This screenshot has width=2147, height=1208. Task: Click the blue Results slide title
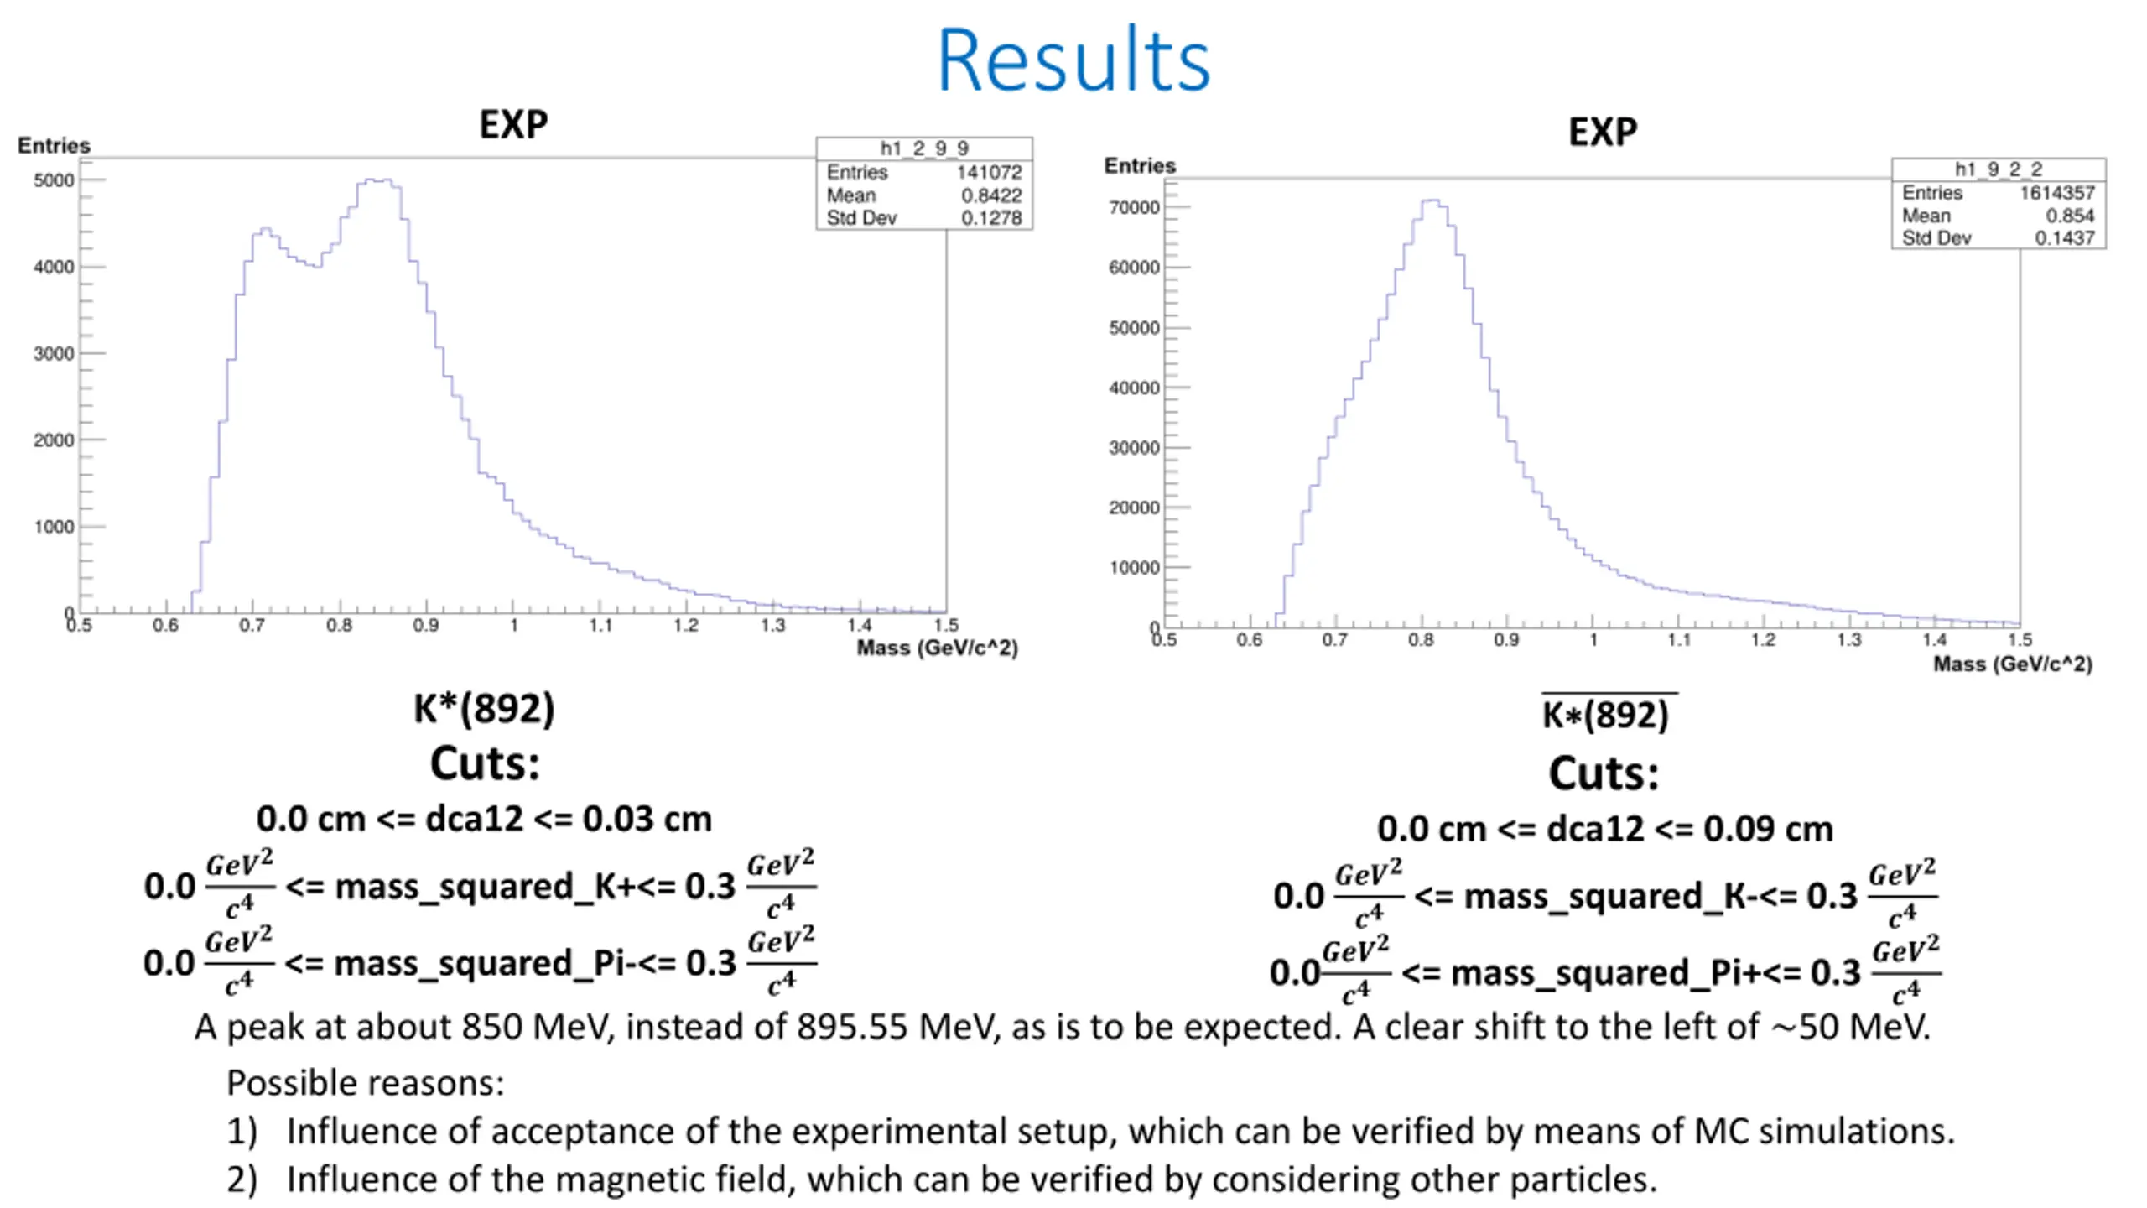[x=1073, y=60]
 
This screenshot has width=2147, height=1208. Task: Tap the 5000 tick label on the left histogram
[x=54, y=180]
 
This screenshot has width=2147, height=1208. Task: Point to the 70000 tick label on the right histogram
[x=1134, y=207]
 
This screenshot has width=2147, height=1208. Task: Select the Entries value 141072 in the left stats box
[x=989, y=173]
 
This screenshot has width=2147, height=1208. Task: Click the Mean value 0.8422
[x=991, y=195]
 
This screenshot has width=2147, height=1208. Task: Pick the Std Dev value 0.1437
[x=2064, y=238]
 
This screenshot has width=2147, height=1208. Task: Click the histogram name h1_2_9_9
[x=923, y=148]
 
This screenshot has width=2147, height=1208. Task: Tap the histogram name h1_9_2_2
[x=1998, y=169]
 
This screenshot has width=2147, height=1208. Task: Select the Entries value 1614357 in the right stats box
[x=2056, y=193]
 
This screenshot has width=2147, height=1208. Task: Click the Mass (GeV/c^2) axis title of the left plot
[x=937, y=648]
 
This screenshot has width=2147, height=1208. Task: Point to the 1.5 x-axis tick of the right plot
[x=2020, y=640]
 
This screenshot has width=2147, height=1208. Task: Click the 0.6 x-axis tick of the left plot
[x=165, y=626]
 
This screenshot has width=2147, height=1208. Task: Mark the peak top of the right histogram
[x=1432, y=201]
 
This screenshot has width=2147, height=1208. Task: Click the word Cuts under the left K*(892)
[x=485, y=764]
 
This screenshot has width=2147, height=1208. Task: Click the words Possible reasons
[x=365, y=1083]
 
